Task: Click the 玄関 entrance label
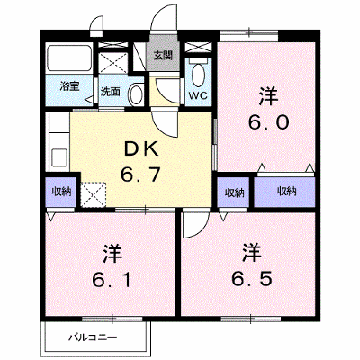[163, 56]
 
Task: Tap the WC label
[198, 95]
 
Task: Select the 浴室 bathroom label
[69, 86]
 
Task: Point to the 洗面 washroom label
[110, 92]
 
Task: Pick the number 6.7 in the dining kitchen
[140, 175]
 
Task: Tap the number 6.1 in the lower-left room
[112, 280]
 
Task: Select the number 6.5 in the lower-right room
[252, 278]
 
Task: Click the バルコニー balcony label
[93, 338]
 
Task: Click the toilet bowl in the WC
[198, 75]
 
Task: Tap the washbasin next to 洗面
[136, 94]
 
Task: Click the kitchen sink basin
[60, 157]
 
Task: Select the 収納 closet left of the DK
[60, 193]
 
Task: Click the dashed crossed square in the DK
[94, 194]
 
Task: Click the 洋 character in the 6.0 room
[269, 96]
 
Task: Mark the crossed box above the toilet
[198, 48]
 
